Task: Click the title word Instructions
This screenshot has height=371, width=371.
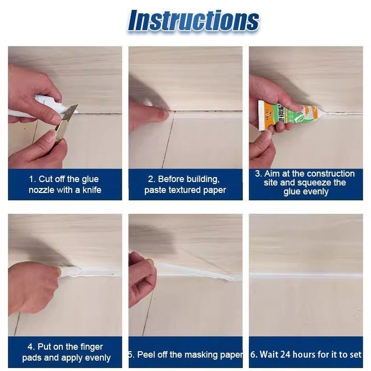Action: (x=193, y=21)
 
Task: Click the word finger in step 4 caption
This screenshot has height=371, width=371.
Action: (x=92, y=347)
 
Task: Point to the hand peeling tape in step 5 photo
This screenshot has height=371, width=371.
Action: (x=142, y=279)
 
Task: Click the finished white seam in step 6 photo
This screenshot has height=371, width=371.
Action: (x=306, y=276)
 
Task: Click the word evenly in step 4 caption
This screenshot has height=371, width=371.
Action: (x=98, y=358)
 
